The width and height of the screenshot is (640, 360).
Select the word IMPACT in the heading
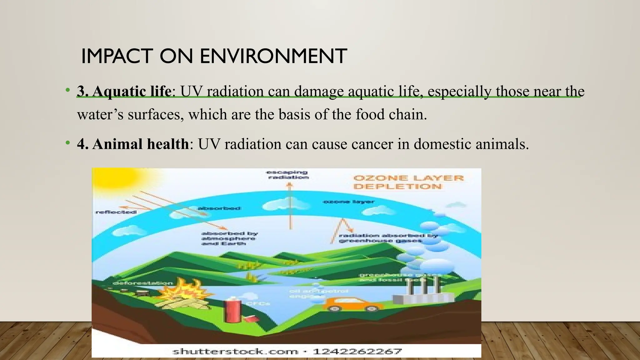pos(117,56)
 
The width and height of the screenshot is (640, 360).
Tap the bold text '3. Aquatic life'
pos(124,91)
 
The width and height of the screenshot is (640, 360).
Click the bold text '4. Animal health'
pos(133,144)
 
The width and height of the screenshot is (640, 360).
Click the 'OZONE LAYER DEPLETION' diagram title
pos(408,182)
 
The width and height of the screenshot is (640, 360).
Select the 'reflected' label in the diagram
pos(116,212)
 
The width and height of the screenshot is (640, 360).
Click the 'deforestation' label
pos(142,283)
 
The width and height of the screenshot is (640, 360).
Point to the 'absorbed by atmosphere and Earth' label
pos(229,238)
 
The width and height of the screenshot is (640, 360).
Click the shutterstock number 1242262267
pos(357,352)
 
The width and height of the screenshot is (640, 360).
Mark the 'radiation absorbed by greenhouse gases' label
pos(387,238)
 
